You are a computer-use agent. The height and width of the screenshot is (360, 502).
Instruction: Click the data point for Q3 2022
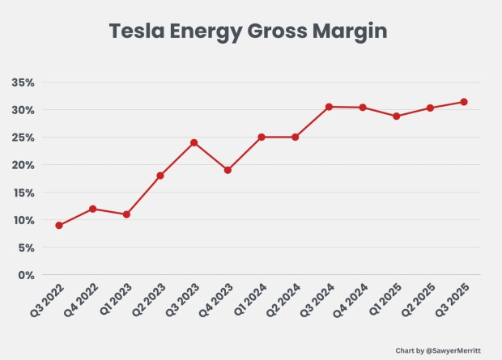59,225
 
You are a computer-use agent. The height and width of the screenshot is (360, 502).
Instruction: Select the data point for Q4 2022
93,209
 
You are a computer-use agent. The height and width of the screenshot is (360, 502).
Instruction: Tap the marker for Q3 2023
194,142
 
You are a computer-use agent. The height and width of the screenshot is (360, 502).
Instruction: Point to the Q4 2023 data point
228,170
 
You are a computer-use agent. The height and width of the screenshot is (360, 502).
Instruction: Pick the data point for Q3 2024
329,107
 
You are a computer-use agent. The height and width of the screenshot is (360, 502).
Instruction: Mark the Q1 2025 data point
396,116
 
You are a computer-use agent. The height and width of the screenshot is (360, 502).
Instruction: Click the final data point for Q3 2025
464,102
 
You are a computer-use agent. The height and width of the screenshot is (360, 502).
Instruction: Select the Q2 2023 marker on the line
160,176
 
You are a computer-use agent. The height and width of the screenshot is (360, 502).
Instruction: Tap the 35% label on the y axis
22,83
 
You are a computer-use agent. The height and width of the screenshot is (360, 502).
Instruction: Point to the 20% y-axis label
22,165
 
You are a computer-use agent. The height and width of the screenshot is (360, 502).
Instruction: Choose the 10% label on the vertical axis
22,220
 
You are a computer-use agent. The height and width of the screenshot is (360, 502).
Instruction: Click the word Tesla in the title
137,32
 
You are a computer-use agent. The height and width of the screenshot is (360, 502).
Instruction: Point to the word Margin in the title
348,32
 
